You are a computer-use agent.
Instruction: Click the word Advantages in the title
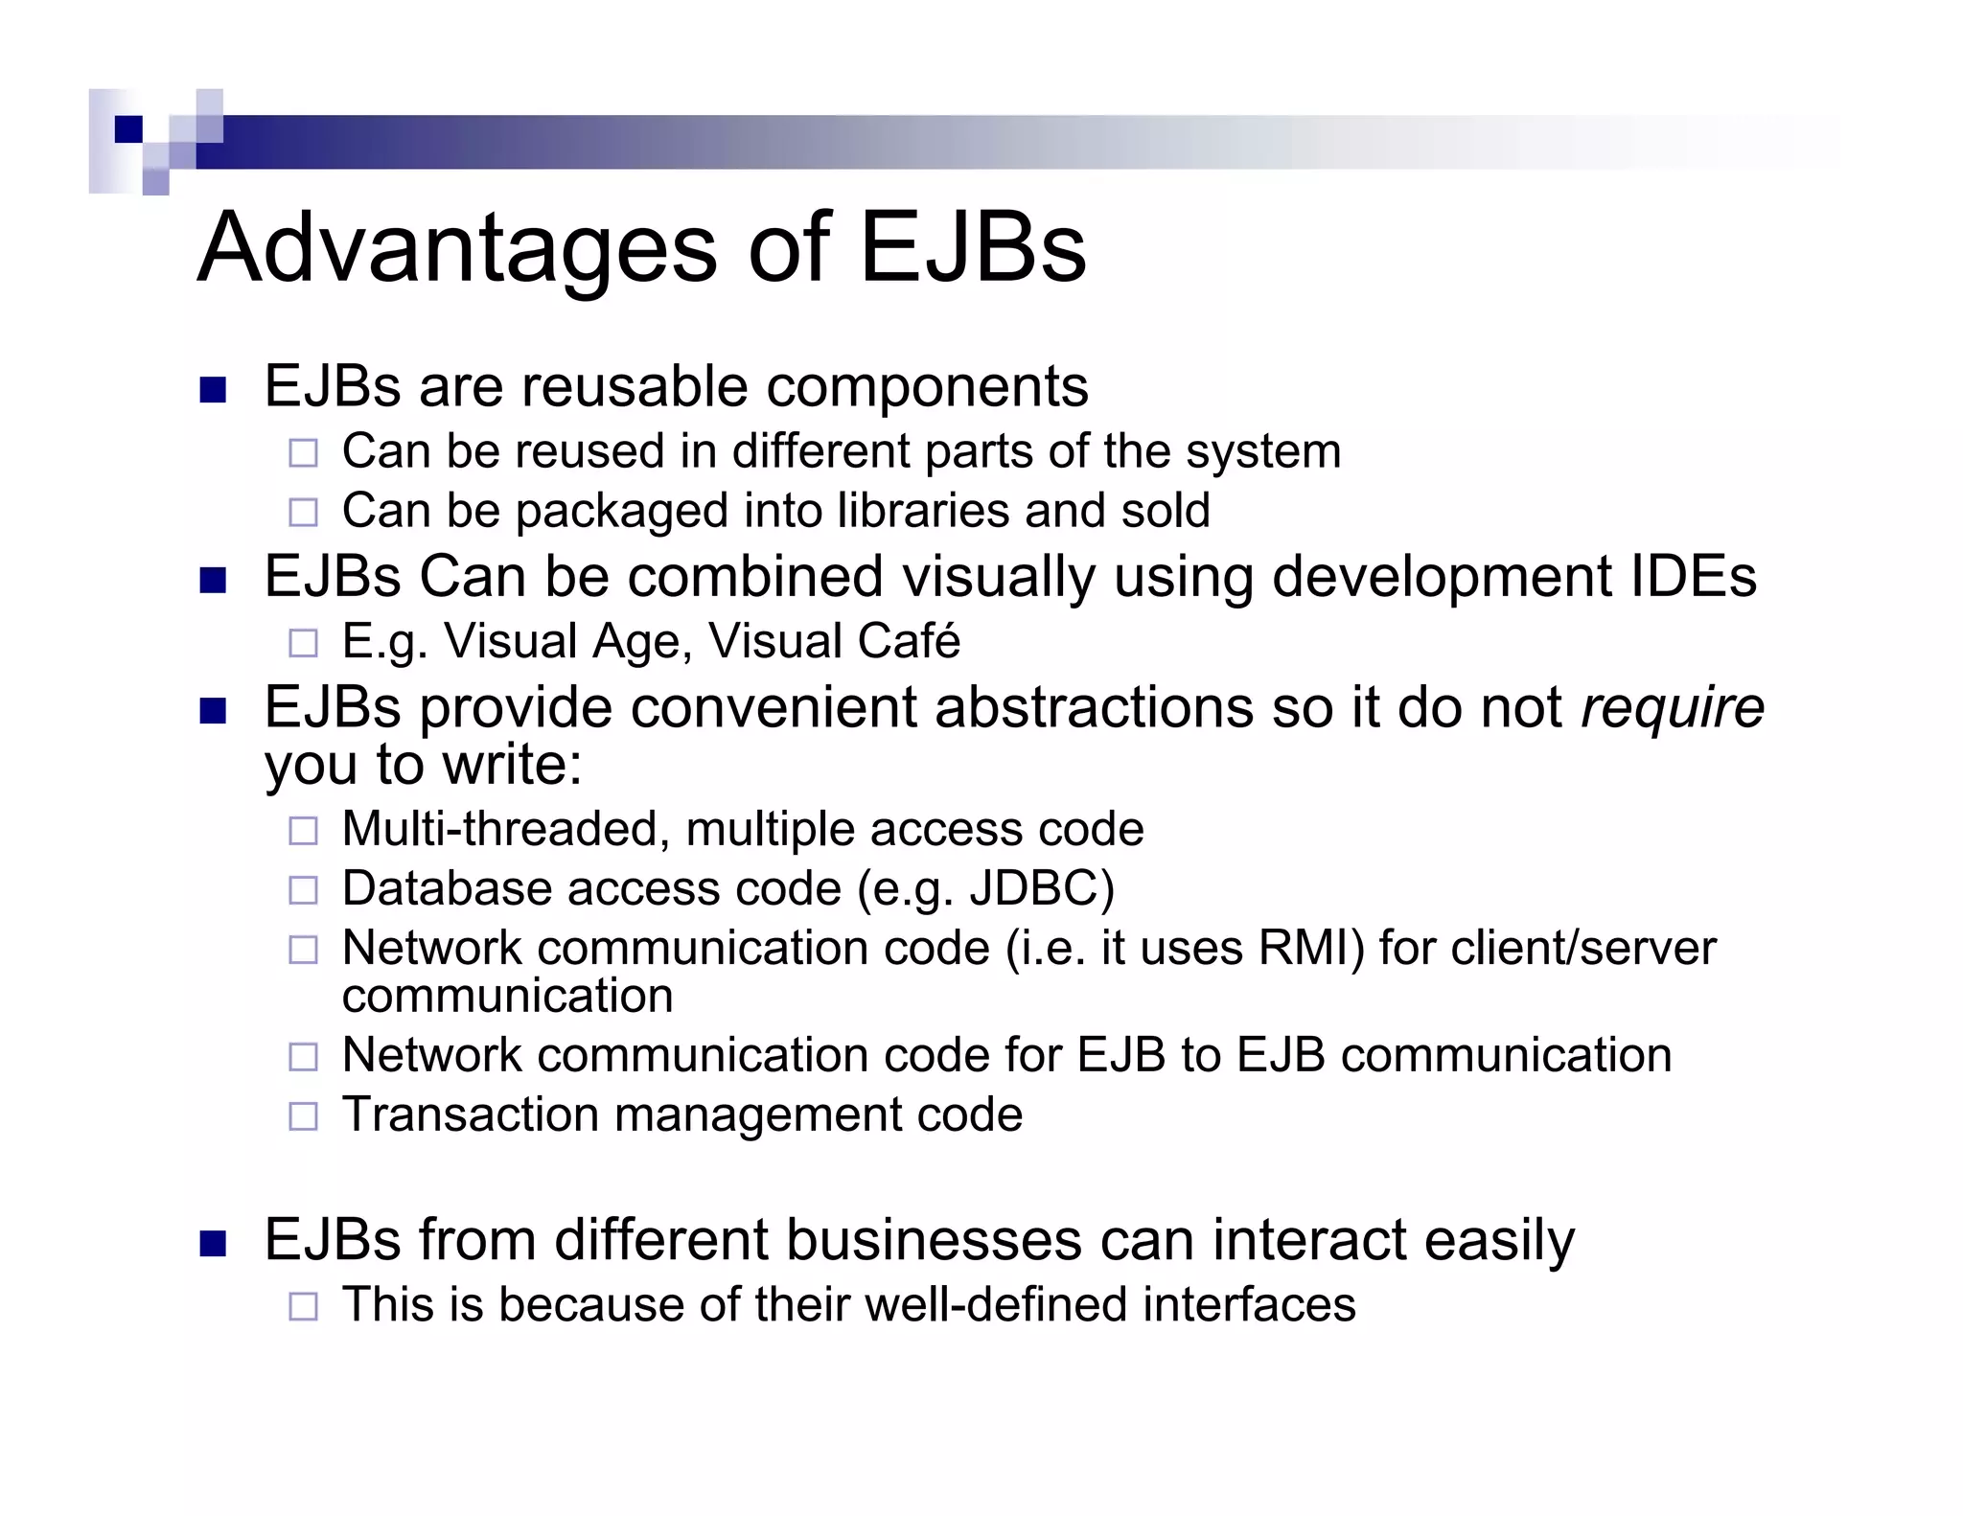[x=456, y=249]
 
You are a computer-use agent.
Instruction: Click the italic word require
[x=1672, y=708]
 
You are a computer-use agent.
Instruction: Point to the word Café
[x=911, y=641]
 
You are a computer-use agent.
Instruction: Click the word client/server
[x=1583, y=948]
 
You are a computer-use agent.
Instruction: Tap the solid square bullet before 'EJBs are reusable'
[x=213, y=390]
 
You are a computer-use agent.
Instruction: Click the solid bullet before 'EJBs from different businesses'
[x=213, y=1244]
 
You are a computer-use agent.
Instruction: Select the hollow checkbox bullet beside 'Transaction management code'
[x=303, y=1116]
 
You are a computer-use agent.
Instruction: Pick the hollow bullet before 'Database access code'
[x=303, y=890]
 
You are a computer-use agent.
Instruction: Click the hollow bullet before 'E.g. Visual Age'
[x=303, y=643]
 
